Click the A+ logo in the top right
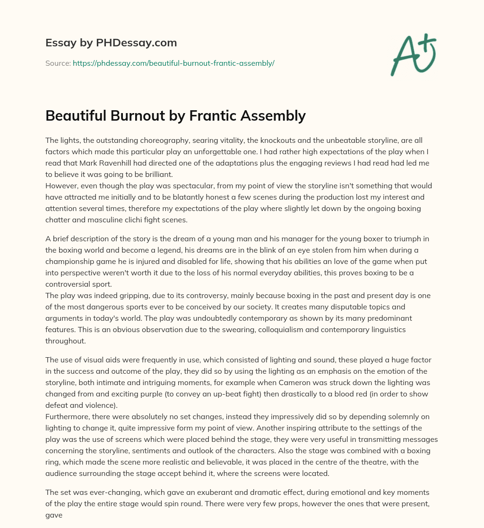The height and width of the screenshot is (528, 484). (413, 54)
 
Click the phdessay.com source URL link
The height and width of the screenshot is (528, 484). (173, 63)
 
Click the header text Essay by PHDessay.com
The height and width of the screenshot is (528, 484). (111, 43)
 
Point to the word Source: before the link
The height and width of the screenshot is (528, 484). (58, 63)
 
